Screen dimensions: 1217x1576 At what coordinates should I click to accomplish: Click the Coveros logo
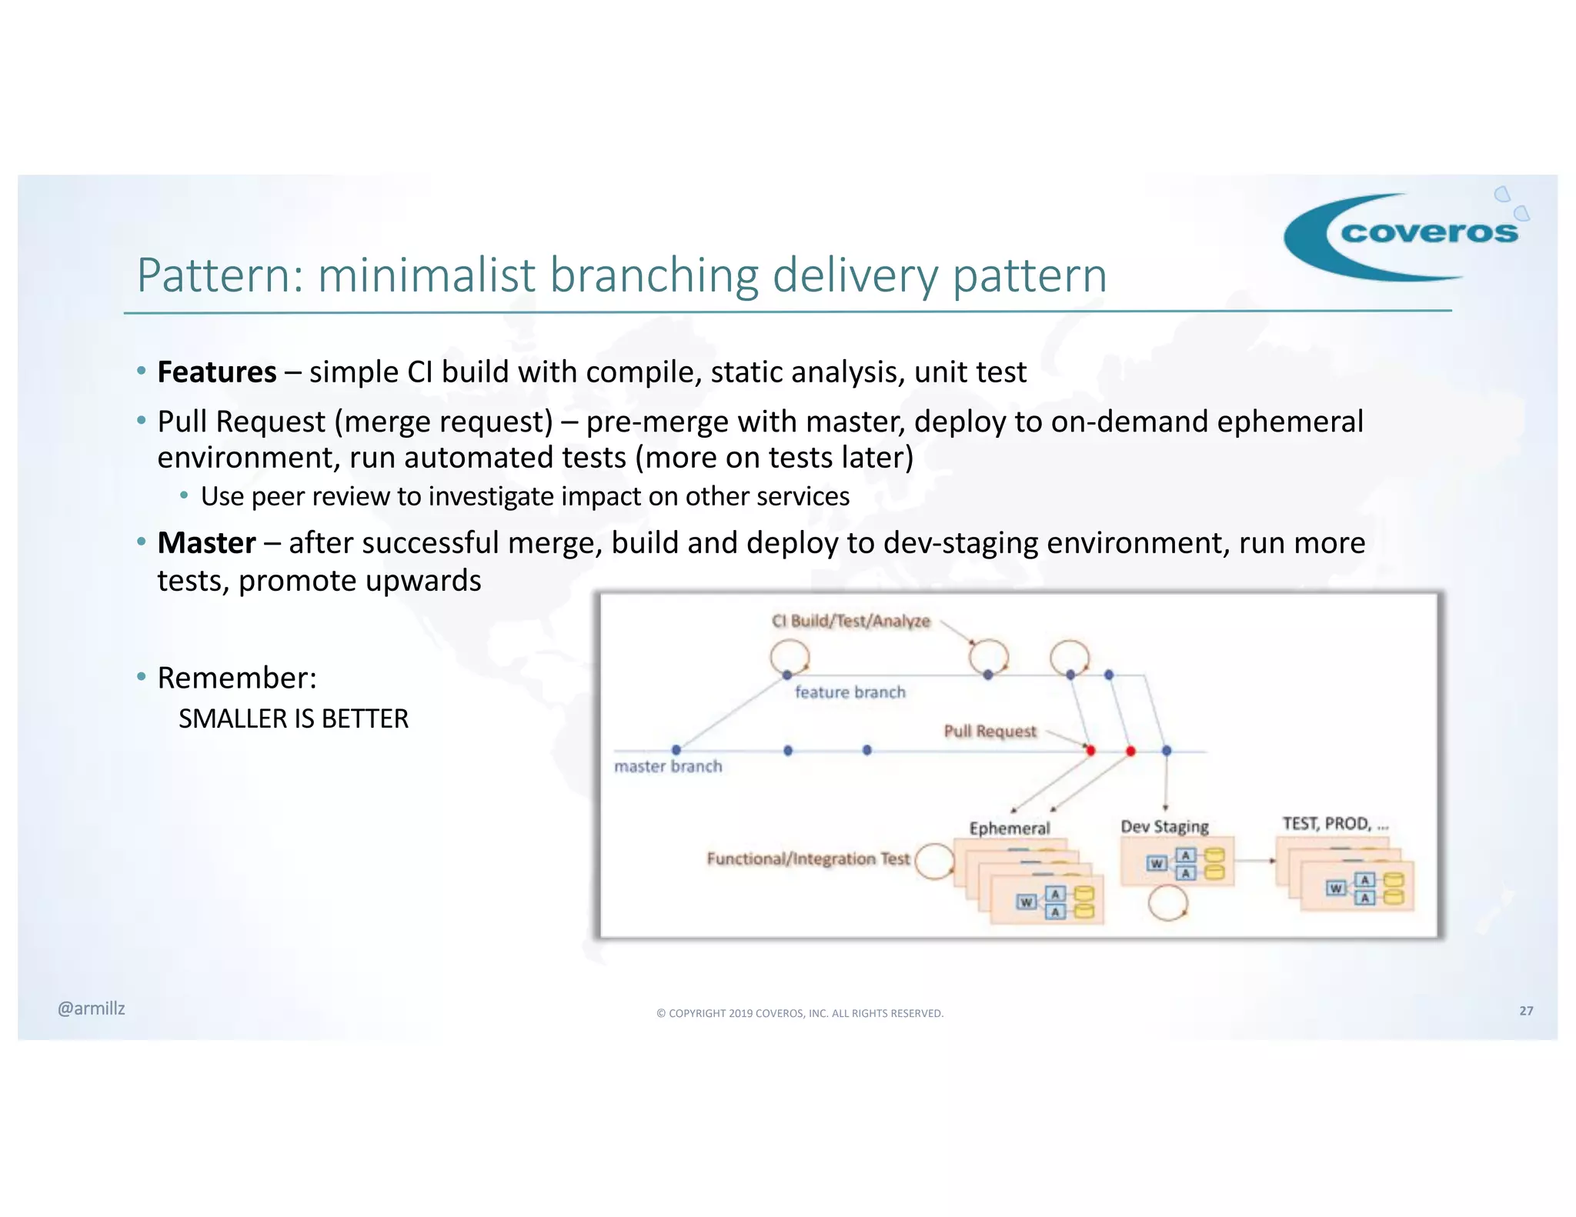1405,235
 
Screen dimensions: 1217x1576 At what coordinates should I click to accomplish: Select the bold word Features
216,372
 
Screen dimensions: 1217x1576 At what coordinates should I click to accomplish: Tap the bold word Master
206,543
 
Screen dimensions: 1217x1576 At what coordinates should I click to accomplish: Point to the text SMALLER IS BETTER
293,719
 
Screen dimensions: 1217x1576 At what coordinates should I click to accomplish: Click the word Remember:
237,678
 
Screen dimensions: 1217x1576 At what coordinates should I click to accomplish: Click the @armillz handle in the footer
91,1009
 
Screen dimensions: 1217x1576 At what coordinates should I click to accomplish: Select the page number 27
1526,1011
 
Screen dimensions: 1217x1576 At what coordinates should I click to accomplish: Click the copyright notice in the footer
800,1013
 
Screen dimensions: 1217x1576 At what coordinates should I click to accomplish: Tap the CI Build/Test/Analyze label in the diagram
850,621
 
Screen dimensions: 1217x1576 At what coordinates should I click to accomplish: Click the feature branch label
850,692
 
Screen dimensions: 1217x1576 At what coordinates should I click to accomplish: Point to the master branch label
668,766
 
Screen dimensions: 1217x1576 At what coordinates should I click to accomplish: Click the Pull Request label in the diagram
990,731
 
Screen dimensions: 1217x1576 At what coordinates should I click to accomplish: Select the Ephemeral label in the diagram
1009,829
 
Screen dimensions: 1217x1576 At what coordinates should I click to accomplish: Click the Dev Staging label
1164,827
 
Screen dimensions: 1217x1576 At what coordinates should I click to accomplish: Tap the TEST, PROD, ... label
1335,824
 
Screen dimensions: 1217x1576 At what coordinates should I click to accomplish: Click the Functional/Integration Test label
808,859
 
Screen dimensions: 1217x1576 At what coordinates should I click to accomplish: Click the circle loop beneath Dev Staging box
1167,903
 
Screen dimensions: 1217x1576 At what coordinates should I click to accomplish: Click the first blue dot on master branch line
676,750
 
